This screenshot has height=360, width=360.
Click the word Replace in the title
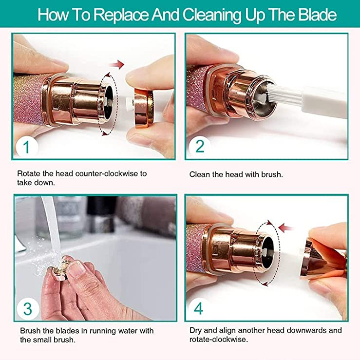(x=121, y=15)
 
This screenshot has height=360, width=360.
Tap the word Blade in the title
(x=317, y=14)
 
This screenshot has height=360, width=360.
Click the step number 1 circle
(x=26, y=147)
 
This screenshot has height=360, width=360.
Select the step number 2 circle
(x=200, y=147)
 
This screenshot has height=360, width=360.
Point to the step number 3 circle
(x=28, y=309)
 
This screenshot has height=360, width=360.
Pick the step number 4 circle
(x=198, y=308)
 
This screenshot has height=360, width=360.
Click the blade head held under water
(x=60, y=271)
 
